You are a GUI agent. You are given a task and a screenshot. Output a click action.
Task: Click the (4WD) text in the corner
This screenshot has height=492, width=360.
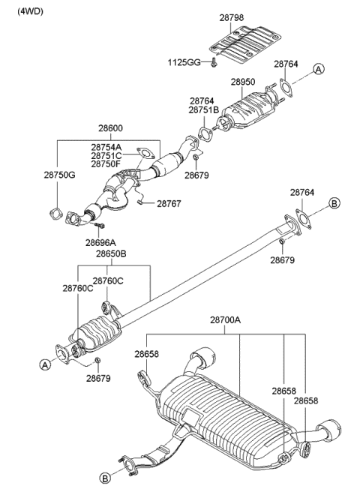click(x=30, y=11)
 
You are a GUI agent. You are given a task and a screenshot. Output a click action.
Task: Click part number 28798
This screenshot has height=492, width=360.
click(x=231, y=17)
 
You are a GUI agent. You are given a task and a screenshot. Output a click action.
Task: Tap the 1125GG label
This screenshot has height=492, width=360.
click(x=184, y=62)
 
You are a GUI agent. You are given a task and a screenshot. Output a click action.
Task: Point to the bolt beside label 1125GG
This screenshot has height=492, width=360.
click(x=214, y=63)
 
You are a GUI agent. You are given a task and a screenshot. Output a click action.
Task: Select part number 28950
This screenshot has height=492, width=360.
click(x=243, y=82)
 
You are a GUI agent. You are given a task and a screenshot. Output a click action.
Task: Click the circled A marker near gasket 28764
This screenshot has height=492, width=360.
click(x=319, y=69)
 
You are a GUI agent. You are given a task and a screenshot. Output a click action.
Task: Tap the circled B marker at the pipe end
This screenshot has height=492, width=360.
click(x=334, y=203)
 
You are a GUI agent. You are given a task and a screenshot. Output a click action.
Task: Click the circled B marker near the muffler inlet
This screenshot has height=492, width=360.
click(x=105, y=478)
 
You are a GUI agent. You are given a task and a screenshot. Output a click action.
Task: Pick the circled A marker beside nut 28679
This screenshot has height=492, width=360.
click(x=45, y=364)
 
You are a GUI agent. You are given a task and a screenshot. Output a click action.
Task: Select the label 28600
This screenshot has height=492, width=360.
click(x=110, y=128)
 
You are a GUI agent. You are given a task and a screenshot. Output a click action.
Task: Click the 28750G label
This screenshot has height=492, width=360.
click(x=59, y=175)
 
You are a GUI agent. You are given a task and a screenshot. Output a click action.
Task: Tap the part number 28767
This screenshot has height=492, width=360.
click(x=169, y=204)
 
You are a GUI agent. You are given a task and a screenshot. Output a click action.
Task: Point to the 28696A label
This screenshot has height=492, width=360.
click(x=100, y=242)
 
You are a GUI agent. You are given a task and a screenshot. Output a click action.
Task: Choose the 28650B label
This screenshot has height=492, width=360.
click(x=111, y=253)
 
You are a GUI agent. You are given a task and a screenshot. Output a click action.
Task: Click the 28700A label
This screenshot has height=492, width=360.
click(x=225, y=320)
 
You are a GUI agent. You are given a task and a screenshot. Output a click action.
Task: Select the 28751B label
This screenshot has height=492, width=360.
click(x=204, y=109)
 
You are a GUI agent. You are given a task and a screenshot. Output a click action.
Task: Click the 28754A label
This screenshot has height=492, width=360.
click(x=106, y=147)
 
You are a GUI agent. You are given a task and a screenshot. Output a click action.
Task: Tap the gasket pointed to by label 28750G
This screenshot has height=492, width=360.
click(x=55, y=214)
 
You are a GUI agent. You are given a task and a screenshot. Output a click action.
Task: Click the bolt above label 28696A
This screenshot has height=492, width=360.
click(x=99, y=225)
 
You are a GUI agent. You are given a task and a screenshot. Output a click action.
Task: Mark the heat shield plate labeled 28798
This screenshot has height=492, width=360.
click(x=245, y=45)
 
